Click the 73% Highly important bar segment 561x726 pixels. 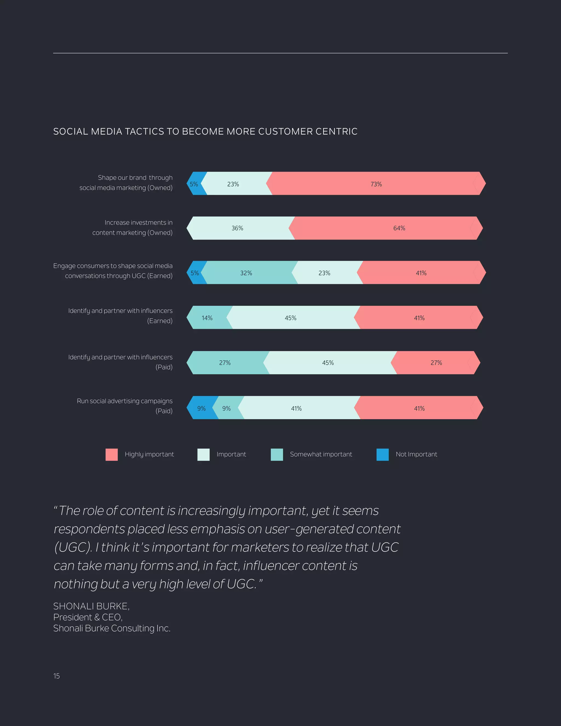pos(376,184)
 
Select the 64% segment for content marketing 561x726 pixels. pos(399,228)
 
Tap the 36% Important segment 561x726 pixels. pos(237,228)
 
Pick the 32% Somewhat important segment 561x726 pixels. pos(246,273)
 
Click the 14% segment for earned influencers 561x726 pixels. pos(207,318)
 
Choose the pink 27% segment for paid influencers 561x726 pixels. pos(436,363)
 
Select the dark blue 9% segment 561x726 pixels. pos(201,408)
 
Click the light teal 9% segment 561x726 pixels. pos(227,408)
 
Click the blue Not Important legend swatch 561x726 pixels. pos(382,455)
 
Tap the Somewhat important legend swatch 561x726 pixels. pos(277,455)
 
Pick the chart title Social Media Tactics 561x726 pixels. pos(205,132)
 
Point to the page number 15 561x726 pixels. pos(56,676)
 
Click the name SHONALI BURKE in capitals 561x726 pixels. pos(91,606)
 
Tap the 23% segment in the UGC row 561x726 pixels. pos(324,273)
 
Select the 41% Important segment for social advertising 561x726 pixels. pos(296,408)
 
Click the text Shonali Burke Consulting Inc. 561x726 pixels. pos(112,628)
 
